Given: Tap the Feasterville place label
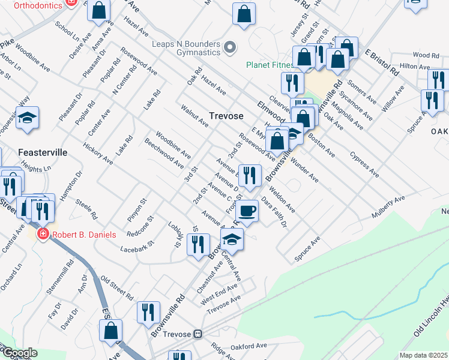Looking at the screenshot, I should (x=42, y=152).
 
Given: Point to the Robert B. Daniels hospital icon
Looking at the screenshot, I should (x=42, y=233).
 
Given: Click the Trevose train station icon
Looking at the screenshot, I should (x=197, y=334).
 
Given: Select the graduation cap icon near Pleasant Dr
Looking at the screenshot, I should (x=28, y=118).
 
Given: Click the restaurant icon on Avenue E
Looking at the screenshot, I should (x=250, y=175).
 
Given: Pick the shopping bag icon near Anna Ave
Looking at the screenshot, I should (x=99, y=11).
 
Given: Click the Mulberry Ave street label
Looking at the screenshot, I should (x=388, y=205).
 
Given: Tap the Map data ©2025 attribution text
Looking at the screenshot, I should (x=423, y=355).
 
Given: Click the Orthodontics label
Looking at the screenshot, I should (x=37, y=5).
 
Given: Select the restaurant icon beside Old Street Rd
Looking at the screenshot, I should (x=146, y=312).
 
